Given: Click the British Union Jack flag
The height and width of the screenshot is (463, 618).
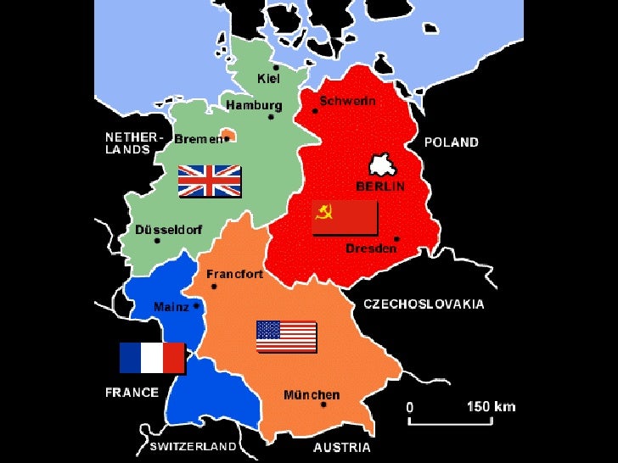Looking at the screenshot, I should tap(209, 181).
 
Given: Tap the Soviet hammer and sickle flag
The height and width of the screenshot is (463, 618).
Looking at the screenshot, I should tap(345, 218).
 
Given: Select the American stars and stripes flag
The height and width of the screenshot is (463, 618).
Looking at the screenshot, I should tap(286, 337).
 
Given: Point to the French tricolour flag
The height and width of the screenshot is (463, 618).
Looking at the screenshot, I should tap(152, 357).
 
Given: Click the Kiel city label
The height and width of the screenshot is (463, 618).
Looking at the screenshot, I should tap(267, 78).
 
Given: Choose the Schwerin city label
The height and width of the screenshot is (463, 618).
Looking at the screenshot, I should tap(348, 100).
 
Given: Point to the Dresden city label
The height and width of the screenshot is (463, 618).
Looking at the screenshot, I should tap(371, 248).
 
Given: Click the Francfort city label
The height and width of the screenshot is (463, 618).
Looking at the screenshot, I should tap(235, 275).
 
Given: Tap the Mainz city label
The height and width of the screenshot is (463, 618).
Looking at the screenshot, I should tap(171, 307).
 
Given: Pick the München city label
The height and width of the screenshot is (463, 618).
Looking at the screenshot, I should tap(312, 395).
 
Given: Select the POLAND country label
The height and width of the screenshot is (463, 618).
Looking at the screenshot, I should tap(452, 142).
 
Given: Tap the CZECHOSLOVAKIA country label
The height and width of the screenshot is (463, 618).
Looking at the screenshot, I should tap(424, 304).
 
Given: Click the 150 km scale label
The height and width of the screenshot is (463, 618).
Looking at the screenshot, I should tap(491, 406).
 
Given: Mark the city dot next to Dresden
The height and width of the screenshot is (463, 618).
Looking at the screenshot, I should tap(396, 238).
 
